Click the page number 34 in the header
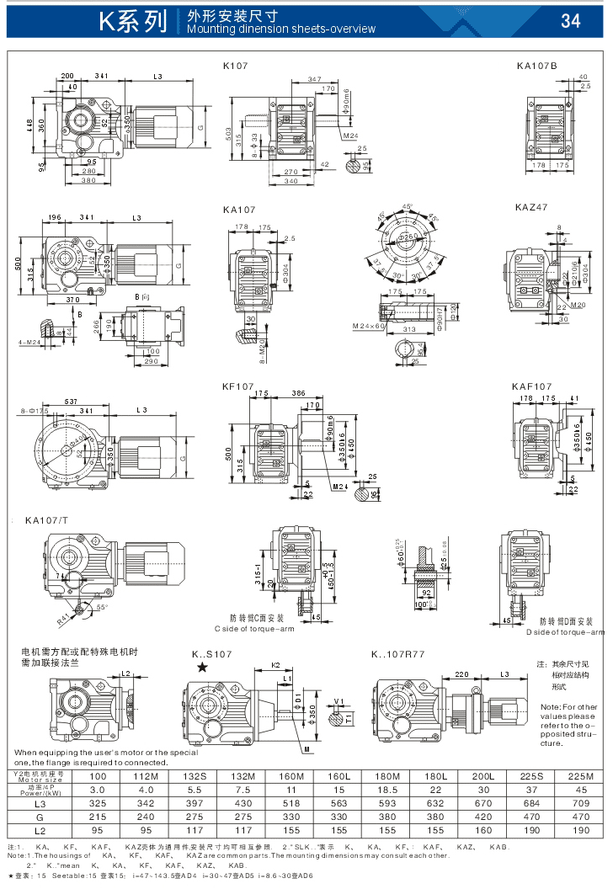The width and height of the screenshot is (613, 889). click(x=570, y=21)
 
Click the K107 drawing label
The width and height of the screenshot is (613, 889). click(x=237, y=65)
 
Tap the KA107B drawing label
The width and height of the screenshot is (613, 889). click(x=536, y=65)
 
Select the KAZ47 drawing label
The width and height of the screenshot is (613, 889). click(x=531, y=207)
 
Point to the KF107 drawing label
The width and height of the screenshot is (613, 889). click(x=238, y=386)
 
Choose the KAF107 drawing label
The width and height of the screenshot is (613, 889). click(x=531, y=386)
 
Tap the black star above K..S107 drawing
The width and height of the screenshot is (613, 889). click(x=201, y=668)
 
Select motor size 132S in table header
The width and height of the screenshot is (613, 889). click(x=195, y=775)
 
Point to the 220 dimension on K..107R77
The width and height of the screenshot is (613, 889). click(x=461, y=674)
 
